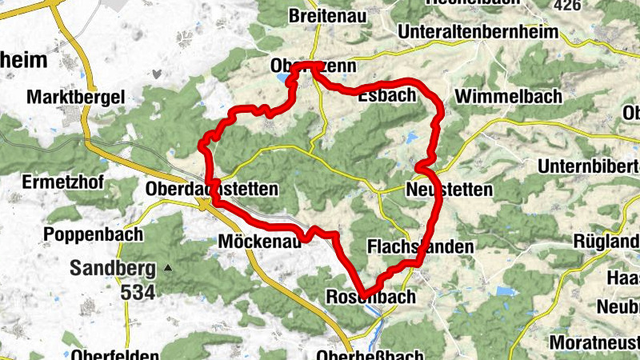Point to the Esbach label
coord(387,96)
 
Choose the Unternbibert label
coord(588,166)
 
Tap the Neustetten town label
coord(449,190)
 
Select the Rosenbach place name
coord(372,297)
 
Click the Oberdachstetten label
coord(212,190)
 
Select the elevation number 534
coord(138,292)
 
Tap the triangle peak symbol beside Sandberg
coord(168,267)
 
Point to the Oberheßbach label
coord(368,354)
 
